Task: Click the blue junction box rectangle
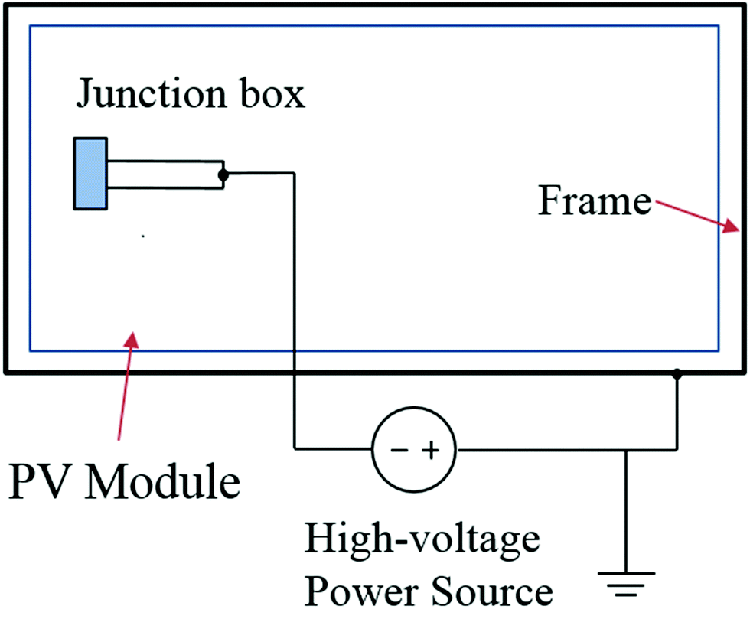tap(90, 174)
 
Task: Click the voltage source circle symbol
tap(414, 450)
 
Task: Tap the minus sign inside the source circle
tap(399, 451)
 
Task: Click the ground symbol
tap(627, 581)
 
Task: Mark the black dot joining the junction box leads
tap(223, 175)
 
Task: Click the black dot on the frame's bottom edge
tap(677, 374)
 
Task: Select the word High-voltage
tap(422, 539)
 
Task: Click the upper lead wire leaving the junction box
tap(165, 162)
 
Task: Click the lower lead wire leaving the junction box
tap(165, 187)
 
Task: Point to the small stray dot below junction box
tap(143, 237)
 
